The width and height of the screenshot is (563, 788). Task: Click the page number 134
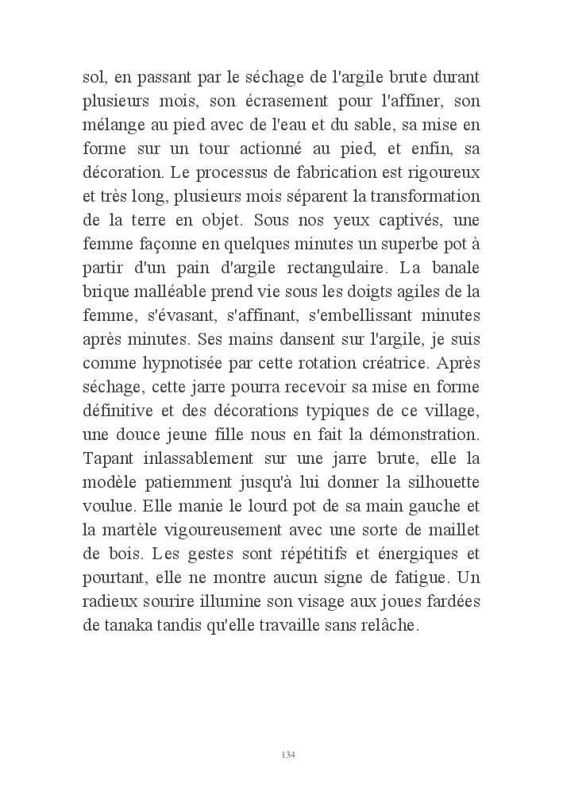point(288,754)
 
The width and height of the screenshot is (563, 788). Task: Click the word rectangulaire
point(323,265)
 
